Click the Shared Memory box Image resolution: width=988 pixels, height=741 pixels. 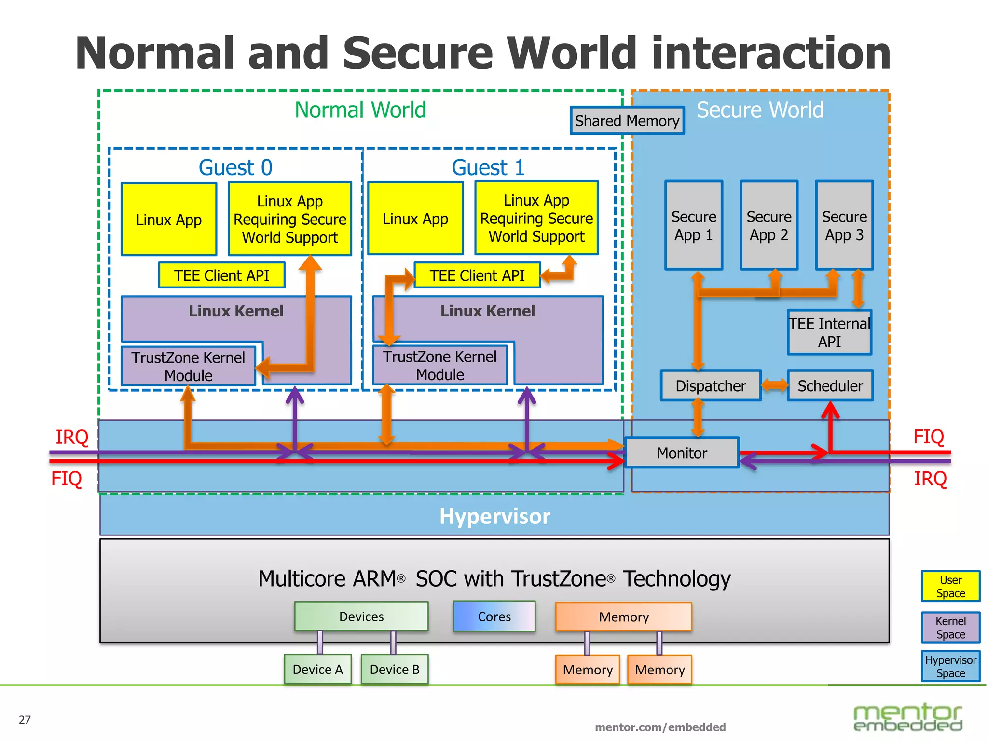point(627,121)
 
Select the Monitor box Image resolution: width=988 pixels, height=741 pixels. point(682,453)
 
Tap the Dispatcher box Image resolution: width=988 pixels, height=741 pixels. point(710,386)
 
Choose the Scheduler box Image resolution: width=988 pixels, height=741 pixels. point(830,386)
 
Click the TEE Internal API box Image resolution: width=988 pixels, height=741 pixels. point(829,332)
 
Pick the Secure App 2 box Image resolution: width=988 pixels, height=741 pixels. point(769,225)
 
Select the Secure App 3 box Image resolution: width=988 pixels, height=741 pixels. point(844,225)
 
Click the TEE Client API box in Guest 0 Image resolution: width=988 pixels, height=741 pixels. point(221,275)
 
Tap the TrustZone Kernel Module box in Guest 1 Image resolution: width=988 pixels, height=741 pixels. point(439,365)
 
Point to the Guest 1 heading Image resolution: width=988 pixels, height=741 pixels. point(488,167)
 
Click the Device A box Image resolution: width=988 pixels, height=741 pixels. point(317,669)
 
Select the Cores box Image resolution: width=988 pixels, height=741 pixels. point(494,617)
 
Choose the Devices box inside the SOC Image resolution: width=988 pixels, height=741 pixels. point(361,617)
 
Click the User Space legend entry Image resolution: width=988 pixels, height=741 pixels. point(950,586)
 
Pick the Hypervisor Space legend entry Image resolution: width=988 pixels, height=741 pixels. point(950,666)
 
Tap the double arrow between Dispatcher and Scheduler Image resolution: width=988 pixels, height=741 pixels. point(774,385)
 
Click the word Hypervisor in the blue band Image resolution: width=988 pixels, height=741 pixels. point(494,516)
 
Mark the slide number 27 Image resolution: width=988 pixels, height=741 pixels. point(25,720)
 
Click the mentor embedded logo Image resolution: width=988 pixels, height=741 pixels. point(907,718)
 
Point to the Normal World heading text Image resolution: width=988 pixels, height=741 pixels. point(360,110)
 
